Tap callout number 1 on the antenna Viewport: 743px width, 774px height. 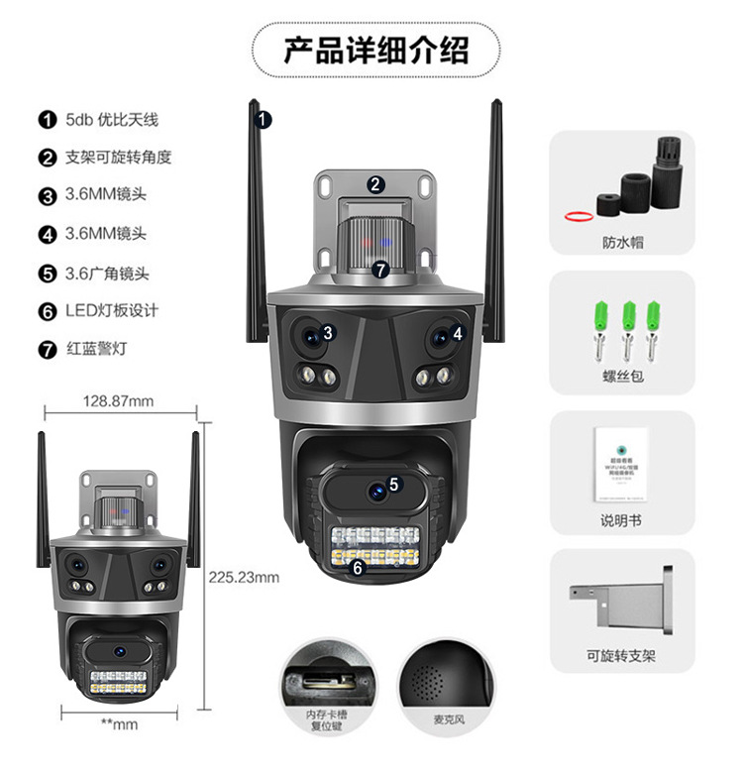[264, 120]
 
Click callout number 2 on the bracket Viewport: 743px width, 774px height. [375, 183]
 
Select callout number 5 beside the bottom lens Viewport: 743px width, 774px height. [393, 485]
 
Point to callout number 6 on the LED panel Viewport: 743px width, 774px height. [358, 568]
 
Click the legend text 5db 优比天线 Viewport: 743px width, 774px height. [111, 120]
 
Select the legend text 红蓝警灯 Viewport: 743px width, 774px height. [97, 349]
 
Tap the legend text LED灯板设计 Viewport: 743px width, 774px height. [111, 310]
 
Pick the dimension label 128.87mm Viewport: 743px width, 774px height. [118, 401]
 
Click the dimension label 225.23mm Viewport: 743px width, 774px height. [244, 576]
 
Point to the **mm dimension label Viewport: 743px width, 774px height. [119, 724]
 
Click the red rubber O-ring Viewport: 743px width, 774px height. [579, 214]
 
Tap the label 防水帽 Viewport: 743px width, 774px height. [622, 242]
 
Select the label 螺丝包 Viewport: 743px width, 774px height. [622, 378]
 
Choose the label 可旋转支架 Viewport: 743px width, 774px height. [622, 655]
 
